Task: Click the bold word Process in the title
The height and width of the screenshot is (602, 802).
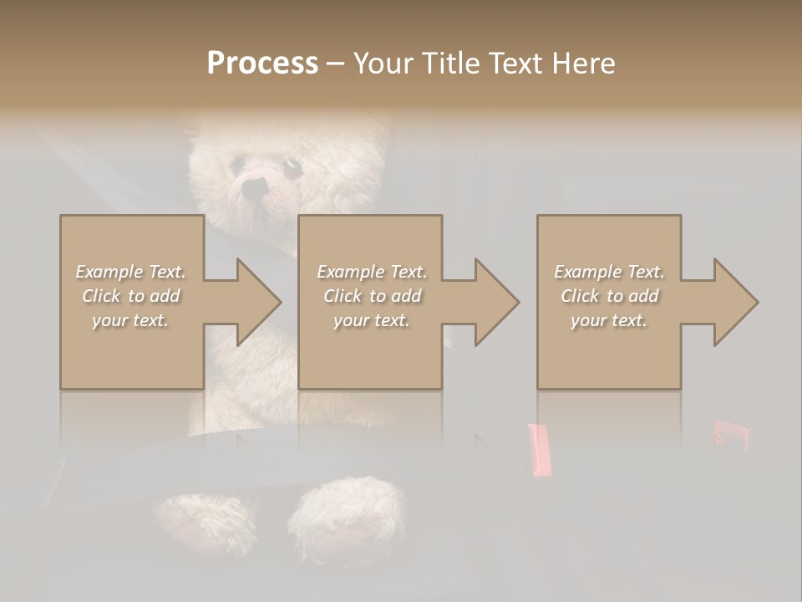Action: coord(262,64)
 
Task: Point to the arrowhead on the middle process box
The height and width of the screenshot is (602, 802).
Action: coord(495,302)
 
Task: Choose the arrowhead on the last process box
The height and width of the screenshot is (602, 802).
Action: coord(734,302)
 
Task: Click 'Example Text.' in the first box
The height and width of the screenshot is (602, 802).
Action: coord(130,272)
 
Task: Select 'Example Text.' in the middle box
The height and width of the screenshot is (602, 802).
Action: coord(371,272)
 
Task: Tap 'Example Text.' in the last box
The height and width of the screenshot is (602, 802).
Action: coord(609,272)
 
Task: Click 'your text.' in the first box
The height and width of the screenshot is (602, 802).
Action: coord(130,320)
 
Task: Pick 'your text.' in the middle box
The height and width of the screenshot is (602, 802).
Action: coord(371,320)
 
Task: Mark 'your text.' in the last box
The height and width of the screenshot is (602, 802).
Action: coord(609,320)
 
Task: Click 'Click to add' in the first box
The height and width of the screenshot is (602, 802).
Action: coord(130,296)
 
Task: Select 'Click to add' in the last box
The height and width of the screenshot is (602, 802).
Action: coord(609,296)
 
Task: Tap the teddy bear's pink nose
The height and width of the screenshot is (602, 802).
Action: coord(254,191)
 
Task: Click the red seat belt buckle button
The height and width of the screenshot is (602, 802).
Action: coord(539,450)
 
